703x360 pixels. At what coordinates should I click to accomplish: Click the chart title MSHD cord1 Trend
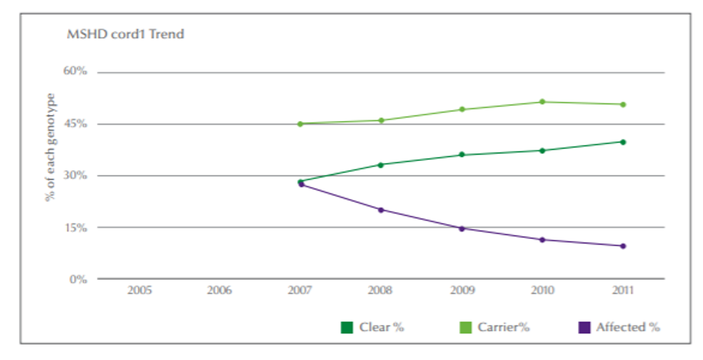pos(125,34)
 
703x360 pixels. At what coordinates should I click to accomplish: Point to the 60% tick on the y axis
pos(75,72)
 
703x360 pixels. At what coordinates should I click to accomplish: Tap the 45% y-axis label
pos(75,124)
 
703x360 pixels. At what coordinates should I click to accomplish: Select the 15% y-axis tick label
pos(75,227)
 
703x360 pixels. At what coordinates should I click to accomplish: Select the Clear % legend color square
pos(346,327)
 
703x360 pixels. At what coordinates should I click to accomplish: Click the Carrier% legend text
pos(503,327)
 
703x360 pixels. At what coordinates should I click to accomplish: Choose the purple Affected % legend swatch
pos(583,327)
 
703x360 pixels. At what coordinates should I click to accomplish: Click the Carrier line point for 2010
pos(542,102)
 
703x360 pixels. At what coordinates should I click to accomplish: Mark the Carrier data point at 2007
pos(300,124)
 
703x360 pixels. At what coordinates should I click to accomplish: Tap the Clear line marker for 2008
pos(381,165)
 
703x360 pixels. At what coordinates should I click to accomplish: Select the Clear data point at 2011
pos(623,142)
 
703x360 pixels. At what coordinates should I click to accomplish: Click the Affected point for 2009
pos(462,229)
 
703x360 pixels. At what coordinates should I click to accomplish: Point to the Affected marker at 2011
pos(623,246)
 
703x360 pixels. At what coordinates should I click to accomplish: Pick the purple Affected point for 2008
pos(381,210)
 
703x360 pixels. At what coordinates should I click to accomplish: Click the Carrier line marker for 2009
pos(462,109)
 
